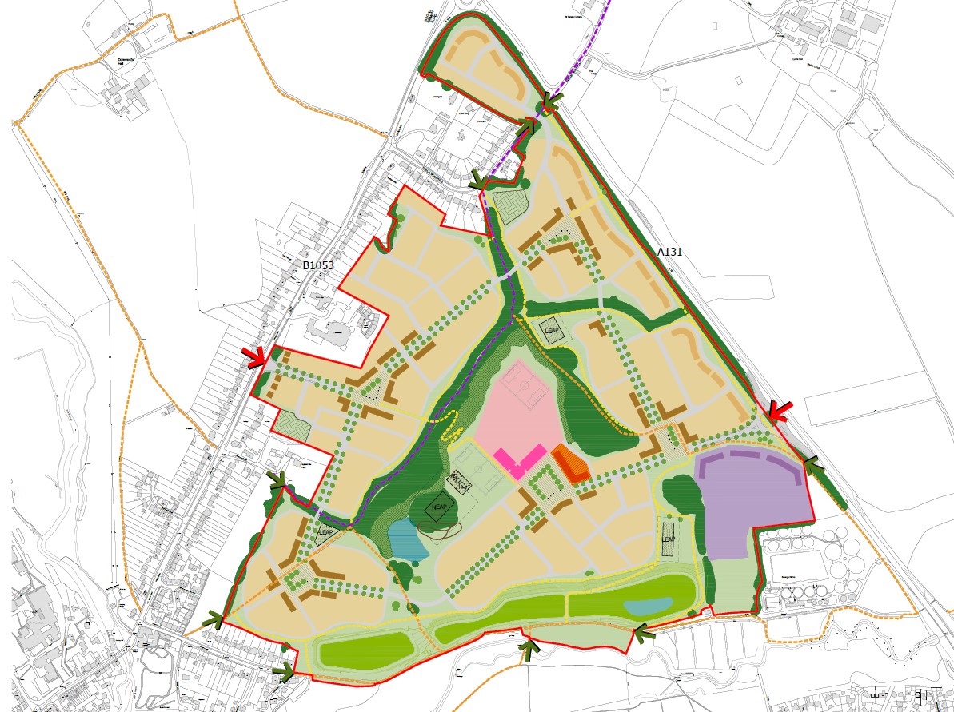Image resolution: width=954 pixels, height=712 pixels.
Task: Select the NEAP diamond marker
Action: [x=436, y=509]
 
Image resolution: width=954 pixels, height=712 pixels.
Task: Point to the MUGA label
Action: [x=458, y=481]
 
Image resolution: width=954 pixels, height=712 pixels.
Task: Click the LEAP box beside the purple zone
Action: [x=669, y=539]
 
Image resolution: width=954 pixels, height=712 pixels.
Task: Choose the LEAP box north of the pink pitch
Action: [x=551, y=331]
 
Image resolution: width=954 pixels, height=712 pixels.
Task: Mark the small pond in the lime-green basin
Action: [x=647, y=607]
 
